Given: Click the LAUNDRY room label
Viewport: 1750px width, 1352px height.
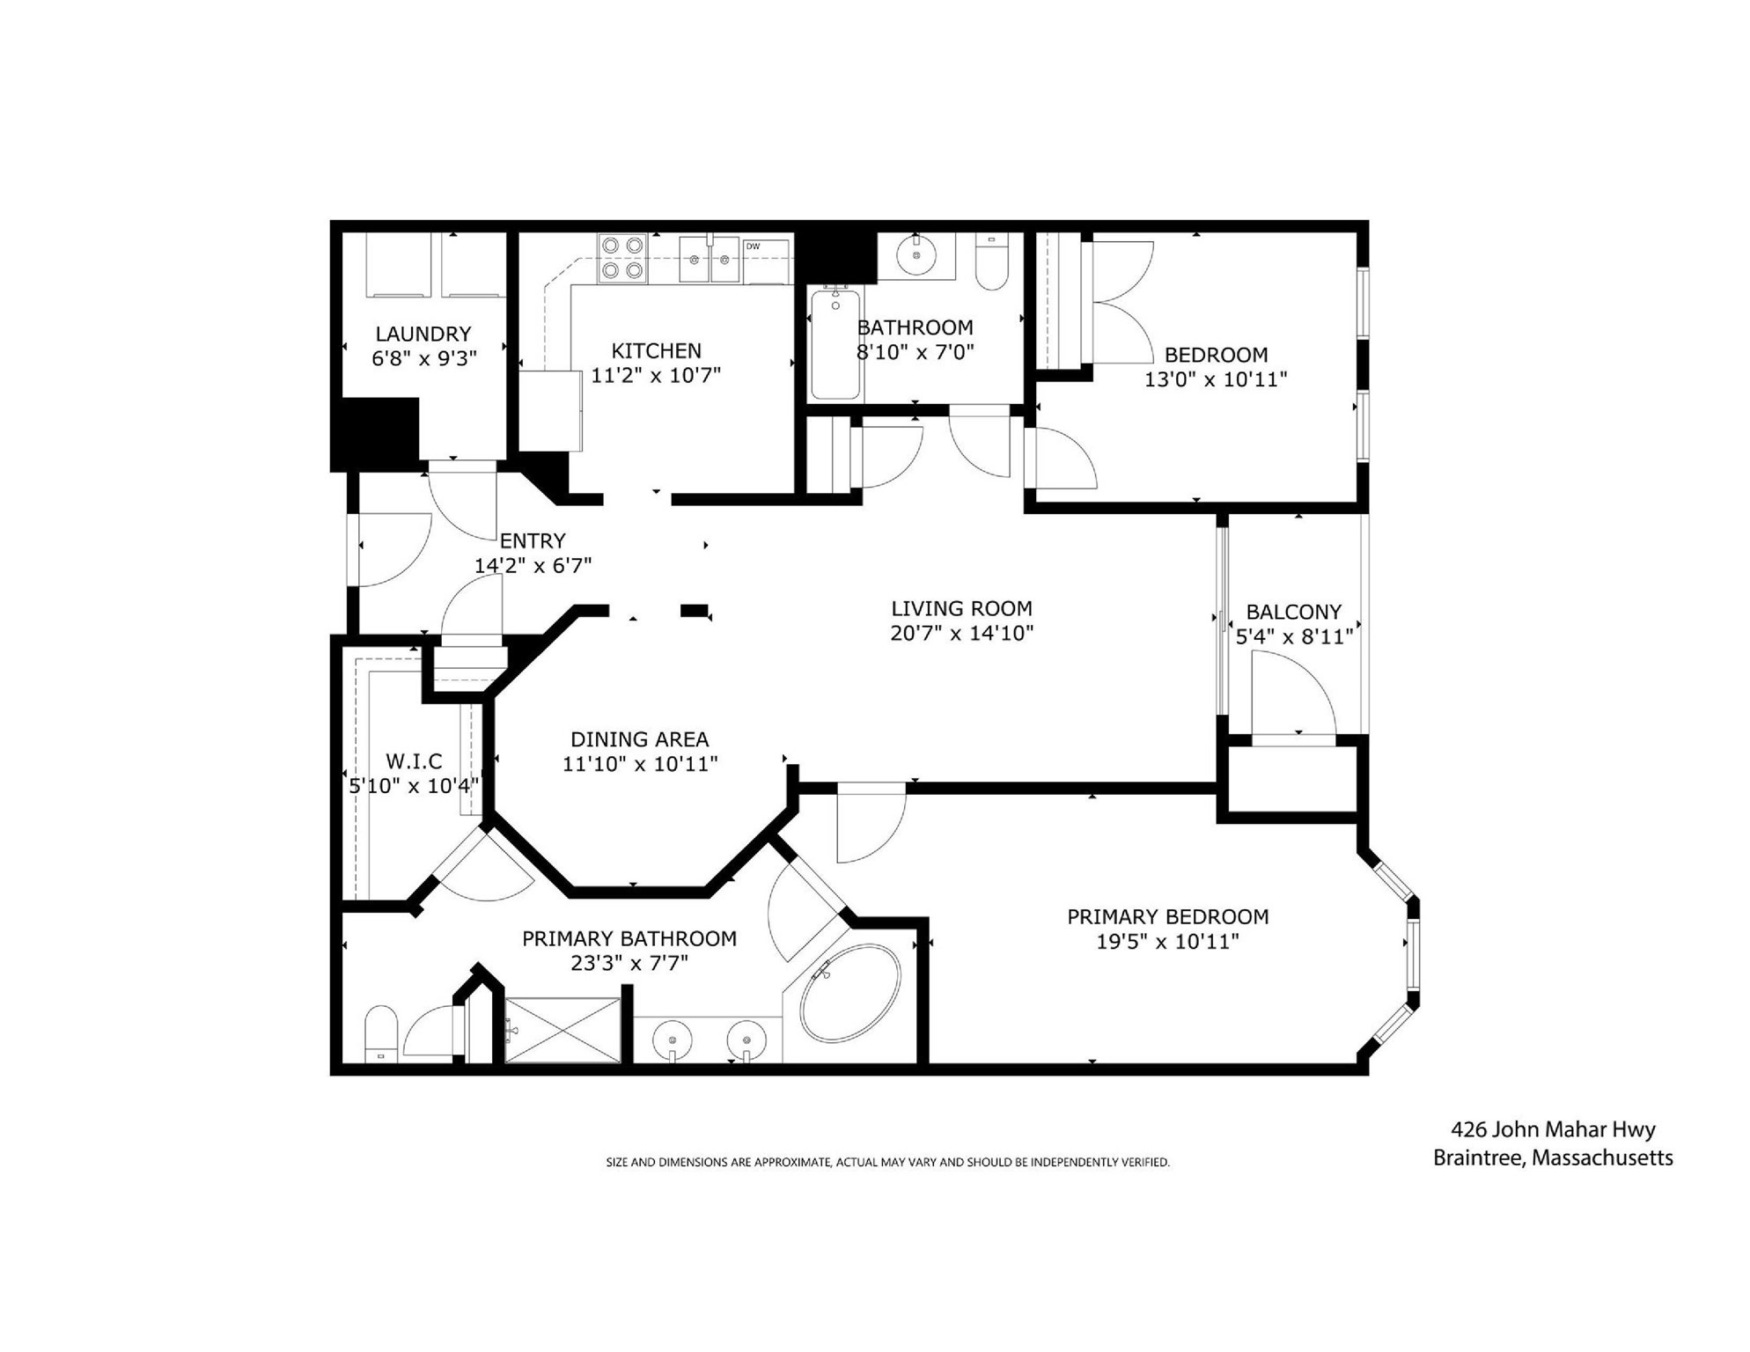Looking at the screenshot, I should [423, 334].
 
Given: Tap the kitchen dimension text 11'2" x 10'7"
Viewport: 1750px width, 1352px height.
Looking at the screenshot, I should [655, 376].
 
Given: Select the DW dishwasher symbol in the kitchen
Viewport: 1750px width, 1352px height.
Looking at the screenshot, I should [765, 261].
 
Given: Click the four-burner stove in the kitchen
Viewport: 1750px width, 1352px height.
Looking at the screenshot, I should [622, 258].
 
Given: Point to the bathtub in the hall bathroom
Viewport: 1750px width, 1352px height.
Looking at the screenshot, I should [835, 344].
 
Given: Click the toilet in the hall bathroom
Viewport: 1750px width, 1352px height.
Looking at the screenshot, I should [992, 262].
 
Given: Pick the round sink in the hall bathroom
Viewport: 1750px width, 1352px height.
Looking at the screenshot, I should [916, 255].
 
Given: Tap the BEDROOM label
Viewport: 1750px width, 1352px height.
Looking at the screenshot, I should [1216, 355].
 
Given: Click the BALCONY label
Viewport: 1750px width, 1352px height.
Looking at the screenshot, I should [1293, 612].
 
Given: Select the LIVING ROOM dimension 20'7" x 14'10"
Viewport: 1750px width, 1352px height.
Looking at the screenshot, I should [961, 633].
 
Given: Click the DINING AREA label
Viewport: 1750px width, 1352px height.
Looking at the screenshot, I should [639, 739].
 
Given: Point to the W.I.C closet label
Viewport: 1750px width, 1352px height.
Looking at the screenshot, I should [414, 760].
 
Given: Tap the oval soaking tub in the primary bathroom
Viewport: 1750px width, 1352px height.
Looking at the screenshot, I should [850, 994].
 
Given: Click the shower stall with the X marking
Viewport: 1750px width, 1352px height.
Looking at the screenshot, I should [562, 1029].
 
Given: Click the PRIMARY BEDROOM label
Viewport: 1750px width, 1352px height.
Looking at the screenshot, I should [1167, 916].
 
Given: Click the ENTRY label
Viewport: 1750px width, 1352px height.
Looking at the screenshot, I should [533, 540].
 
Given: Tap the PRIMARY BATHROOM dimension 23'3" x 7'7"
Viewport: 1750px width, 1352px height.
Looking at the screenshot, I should [629, 963].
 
